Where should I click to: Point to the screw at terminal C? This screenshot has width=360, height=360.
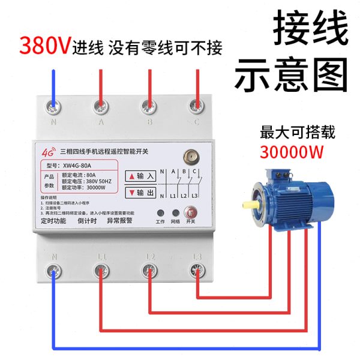click(x=196, y=106)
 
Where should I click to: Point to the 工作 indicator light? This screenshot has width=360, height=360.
click(x=160, y=213)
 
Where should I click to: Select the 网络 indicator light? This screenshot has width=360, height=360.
click(x=175, y=213)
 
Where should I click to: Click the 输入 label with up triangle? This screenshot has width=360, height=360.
click(x=140, y=176)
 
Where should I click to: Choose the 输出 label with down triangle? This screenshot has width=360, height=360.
click(x=140, y=193)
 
